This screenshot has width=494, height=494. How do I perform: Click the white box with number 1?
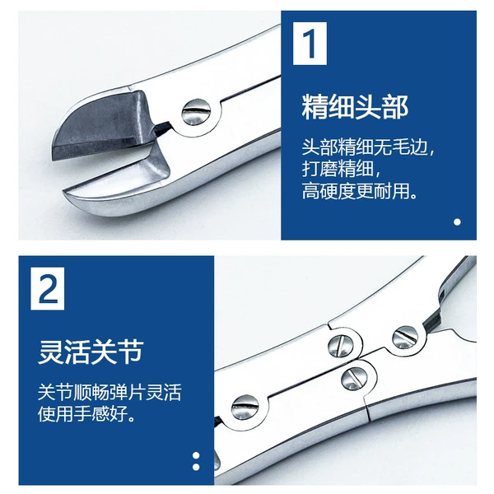coord(310,44)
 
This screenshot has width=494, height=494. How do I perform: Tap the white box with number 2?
coord(48,289)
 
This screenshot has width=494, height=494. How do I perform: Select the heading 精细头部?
coord(355,107)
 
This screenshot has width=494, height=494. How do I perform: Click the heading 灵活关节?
coord(91,352)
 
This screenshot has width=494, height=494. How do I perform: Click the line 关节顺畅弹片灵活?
coord(110,393)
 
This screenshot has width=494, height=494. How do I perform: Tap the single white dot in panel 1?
coord(457,222)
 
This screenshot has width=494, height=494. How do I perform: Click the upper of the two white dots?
coord(196,455)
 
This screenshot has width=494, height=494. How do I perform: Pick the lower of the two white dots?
coord(196,467)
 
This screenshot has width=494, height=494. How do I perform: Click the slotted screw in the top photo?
coord(197,112)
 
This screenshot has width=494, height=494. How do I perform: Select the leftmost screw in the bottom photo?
coord(245,407)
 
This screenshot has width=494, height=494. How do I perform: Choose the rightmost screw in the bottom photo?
coord(405,337)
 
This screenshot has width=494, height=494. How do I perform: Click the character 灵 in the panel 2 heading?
coord(51,352)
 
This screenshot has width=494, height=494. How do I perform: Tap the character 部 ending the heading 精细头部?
coord(396,107)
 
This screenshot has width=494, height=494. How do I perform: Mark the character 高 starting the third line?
coord(310,190)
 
